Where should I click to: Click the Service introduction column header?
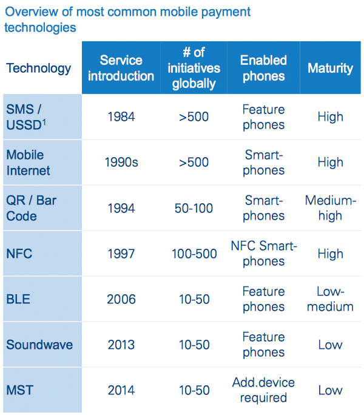pyautogui.click(x=121, y=68)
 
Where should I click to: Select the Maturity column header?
pyautogui.click(x=330, y=68)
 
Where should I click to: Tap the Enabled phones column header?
pyautogui.click(x=263, y=68)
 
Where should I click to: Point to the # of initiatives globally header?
pyautogui.click(x=194, y=68)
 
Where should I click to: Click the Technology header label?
pyautogui.click(x=39, y=68)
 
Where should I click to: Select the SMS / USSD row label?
pyautogui.click(x=26, y=117)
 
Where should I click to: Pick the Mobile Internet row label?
pyautogui.click(x=28, y=163)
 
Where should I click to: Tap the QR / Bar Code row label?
pyautogui.click(x=31, y=208)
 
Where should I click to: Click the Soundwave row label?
pyautogui.click(x=39, y=345)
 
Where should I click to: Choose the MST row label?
pyautogui.click(x=19, y=390)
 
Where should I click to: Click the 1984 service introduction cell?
pyautogui.click(x=121, y=116)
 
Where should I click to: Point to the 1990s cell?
pyautogui.click(x=121, y=162)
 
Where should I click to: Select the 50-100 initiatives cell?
pyautogui.click(x=194, y=208)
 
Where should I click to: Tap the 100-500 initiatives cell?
pyautogui.click(x=194, y=254)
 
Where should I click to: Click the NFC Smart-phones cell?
pyautogui.click(x=264, y=254)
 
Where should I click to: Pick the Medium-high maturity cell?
pyautogui.click(x=331, y=208)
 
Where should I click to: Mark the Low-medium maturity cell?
pyautogui.click(x=331, y=299)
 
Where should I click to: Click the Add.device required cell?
pyautogui.click(x=263, y=390)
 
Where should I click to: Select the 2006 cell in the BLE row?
pyautogui.click(x=121, y=299)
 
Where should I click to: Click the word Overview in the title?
pyautogui.click(x=32, y=12)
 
